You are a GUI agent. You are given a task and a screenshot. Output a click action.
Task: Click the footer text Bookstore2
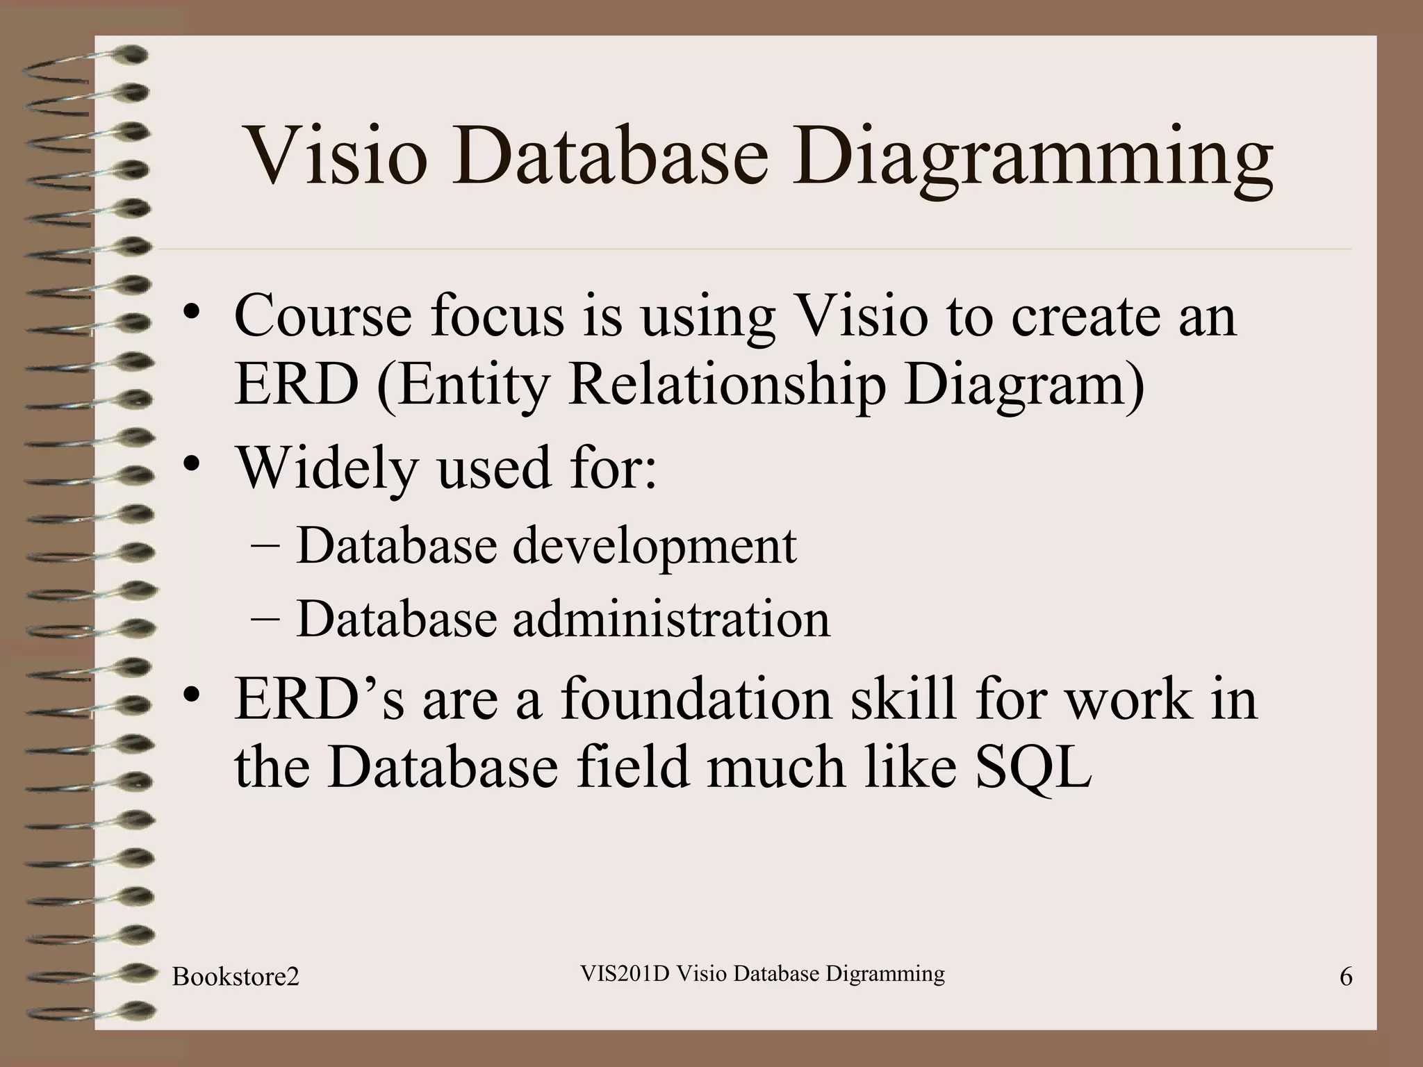pos(236,977)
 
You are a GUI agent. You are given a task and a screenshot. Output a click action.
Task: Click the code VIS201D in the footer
pos(624,973)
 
